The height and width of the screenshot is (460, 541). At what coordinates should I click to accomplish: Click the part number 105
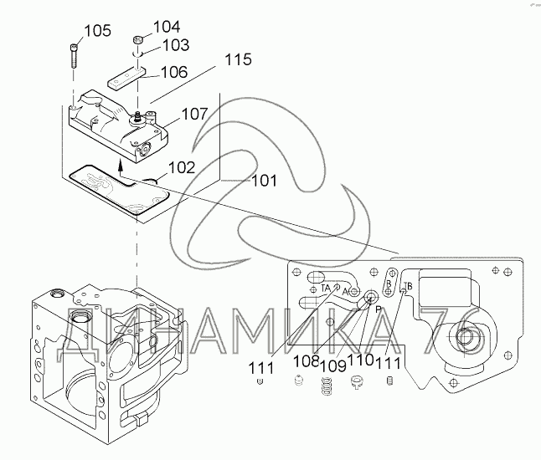[x=98, y=31]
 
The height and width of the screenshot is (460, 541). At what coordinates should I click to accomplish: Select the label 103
[x=174, y=44]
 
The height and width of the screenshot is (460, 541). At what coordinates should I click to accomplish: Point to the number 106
[x=174, y=73]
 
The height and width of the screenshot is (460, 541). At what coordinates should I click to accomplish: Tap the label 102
[x=182, y=167]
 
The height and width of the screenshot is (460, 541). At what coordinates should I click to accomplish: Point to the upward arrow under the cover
[x=121, y=173]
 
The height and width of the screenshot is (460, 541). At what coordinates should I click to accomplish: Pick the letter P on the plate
[x=378, y=308]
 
